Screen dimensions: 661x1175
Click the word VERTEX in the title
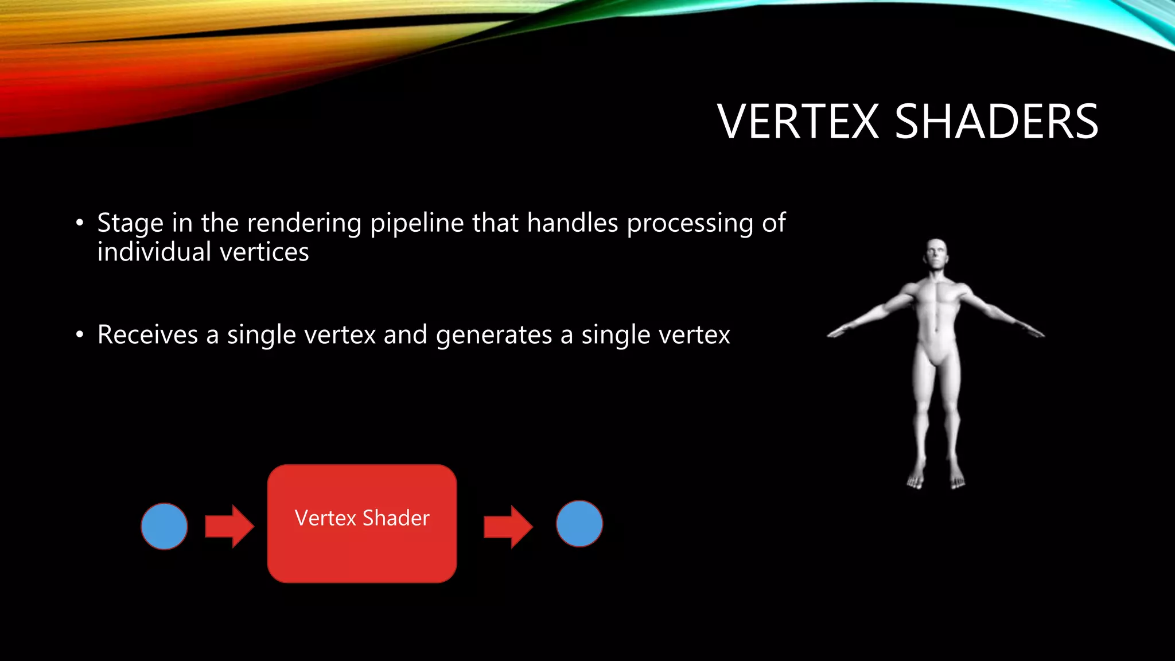click(x=798, y=122)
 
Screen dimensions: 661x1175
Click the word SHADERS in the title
click(x=997, y=122)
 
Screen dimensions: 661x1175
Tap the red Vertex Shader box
click(x=362, y=545)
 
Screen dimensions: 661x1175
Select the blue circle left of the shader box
click(x=165, y=526)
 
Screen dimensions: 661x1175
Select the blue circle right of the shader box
click(x=579, y=523)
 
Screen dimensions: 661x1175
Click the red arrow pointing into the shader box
click(x=229, y=526)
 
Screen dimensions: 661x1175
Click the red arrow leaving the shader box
click(x=508, y=526)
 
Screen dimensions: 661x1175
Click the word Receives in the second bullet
click(x=147, y=335)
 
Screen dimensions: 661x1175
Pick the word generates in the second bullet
click(x=493, y=336)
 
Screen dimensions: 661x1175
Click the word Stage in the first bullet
click(x=130, y=223)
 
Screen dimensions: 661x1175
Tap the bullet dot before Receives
click(x=80, y=335)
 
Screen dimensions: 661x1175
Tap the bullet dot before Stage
click(x=80, y=223)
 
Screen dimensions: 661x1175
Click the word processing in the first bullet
click(x=690, y=223)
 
